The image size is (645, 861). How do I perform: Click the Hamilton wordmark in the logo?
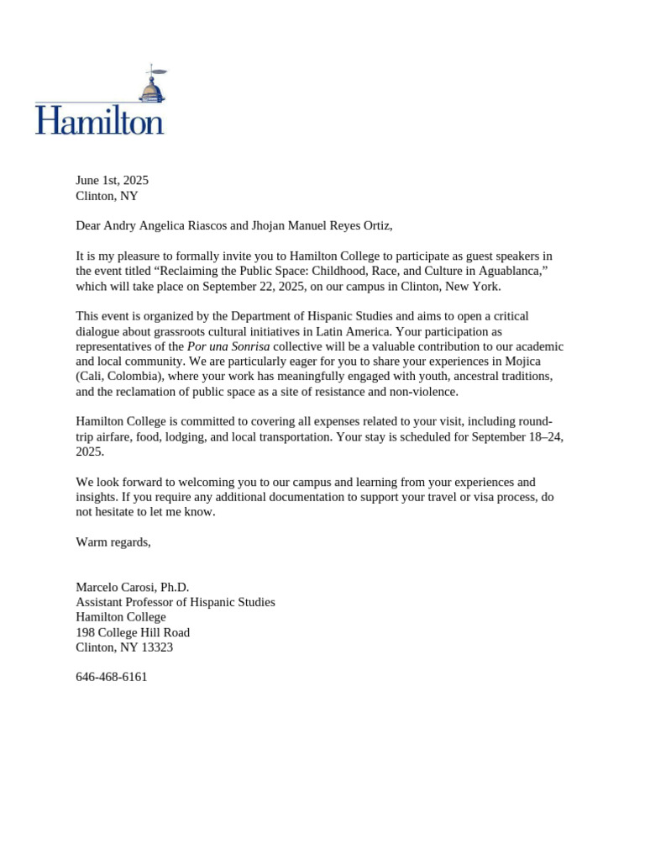(99, 121)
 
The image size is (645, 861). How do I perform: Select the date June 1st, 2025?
(112, 180)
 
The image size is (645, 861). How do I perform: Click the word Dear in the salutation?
(88, 225)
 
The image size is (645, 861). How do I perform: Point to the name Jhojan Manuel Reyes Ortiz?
(322, 225)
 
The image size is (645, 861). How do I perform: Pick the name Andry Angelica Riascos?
(164, 225)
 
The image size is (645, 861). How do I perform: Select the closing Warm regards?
(113, 542)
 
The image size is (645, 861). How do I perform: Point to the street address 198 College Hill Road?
(133, 632)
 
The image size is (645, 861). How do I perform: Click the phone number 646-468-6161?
(112, 677)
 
